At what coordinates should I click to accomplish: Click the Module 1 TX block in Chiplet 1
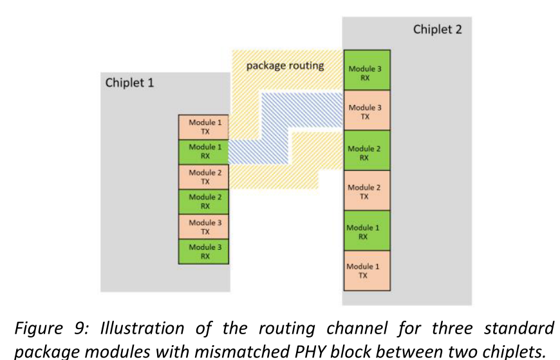click(203, 127)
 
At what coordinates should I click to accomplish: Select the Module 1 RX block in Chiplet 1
click(203, 152)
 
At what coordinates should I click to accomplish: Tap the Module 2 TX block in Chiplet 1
click(203, 177)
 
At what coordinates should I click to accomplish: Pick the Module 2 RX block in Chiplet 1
click(203, 202)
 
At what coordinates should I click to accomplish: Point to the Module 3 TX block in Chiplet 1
click(203, 227)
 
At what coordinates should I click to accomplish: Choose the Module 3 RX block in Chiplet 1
click(203, 252)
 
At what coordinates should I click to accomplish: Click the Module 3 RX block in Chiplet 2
click(367, 70)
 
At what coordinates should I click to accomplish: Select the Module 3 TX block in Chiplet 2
click(367, 110)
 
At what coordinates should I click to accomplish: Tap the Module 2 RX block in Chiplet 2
click(367, 150)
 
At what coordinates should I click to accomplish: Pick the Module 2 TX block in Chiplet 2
click(367, 191)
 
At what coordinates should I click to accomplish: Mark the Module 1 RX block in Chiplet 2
click(367, 231)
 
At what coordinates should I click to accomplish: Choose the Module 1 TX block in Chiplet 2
click(367, 270)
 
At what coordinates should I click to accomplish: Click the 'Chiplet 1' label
click(129, 82)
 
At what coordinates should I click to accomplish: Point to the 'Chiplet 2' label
click(438, 30)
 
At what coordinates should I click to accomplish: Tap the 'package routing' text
click(285, 66)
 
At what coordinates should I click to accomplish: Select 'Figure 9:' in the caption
click(51, 328)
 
